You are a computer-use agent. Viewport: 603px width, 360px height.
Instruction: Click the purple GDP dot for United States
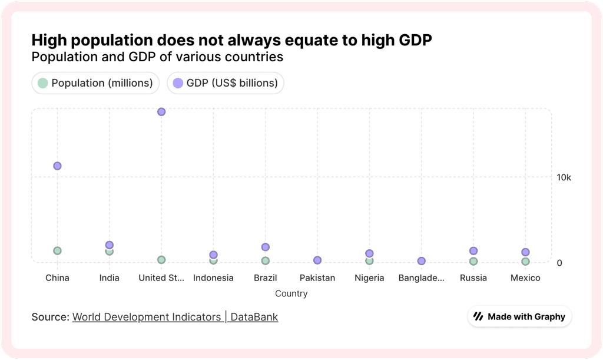(x=161, y=112)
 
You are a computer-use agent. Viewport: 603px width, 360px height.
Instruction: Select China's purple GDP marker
(x=57, y=166)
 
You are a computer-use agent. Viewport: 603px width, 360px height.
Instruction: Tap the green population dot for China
(x=57, y=250)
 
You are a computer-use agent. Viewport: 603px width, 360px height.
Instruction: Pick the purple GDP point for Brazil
(x=266, y=247)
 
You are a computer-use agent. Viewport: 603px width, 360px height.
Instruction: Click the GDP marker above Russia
(x=473, y=251)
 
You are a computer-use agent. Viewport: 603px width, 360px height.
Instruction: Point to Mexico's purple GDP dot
(x=525, y=252)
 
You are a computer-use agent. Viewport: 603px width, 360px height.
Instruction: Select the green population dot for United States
(x=161, y=260)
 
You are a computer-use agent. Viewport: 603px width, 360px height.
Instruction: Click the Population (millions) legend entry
(x=95, y=83)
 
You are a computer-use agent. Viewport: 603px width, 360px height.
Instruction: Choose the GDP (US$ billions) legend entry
(x=226, y=83)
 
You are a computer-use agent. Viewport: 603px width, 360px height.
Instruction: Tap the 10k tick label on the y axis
(x=564, y=177)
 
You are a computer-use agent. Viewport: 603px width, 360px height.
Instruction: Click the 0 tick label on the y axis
(x=559, y=263)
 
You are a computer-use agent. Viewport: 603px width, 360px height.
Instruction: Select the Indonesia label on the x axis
(x=213, y=278)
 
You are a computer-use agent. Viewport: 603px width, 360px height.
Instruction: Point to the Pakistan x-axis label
(x=317, y=278)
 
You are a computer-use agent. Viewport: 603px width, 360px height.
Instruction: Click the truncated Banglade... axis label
(x=421, y=278)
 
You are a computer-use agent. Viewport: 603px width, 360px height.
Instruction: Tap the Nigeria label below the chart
(x=369, y=278)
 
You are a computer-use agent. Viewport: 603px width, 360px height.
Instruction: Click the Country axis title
(x=291, y=293)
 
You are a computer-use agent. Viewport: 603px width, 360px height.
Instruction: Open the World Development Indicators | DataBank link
(x=175, y=317)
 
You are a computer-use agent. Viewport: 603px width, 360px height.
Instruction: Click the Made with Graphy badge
(x=520, y=316)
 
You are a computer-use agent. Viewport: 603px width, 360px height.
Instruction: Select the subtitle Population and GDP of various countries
(x=157, y=57)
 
